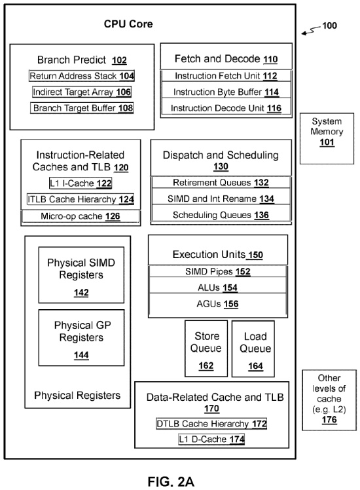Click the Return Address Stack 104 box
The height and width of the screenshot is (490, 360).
[x=82, y=76]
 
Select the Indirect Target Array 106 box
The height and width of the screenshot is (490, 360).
[x=82, y=92]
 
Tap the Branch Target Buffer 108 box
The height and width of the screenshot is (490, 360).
[x=82, y=108]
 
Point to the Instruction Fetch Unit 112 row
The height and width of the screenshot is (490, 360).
[x=226, y=76]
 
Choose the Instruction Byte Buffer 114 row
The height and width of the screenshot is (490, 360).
[x=226, y=92]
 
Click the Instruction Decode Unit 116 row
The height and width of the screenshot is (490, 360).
[x=226, y=108]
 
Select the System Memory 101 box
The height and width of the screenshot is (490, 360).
[x=327, y=138]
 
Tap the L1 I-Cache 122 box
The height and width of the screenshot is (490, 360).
[x=81, y=183]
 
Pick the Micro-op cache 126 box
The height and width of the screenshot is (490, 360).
[x=81, y=216]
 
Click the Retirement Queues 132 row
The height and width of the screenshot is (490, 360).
[x=221, y=183]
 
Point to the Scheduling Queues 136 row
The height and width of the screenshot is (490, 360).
[x=221, y=215]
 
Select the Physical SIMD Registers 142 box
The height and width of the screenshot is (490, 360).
[x=81, y=275]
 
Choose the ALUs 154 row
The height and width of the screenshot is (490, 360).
[x=217, y=288]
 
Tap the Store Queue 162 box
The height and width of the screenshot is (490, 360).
[x=206, y=349]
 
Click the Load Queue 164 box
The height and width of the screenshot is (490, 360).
[x=253, y=349]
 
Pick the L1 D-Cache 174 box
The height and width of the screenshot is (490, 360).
[x=211, y=439]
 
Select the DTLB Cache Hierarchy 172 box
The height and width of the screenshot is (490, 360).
[x=211, y=424]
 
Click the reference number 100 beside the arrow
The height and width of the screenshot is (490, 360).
[x=329, y=26]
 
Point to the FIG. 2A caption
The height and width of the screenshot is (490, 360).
[x=171, y=481]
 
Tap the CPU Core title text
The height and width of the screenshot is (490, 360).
[x=128, y=24]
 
